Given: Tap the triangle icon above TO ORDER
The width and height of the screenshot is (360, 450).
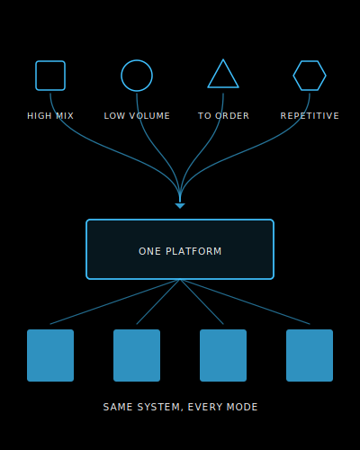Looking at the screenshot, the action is point(223,87).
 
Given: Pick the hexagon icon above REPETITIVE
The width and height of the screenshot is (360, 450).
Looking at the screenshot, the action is point(310,61).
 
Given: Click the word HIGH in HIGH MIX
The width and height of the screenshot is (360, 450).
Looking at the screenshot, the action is point(40,116).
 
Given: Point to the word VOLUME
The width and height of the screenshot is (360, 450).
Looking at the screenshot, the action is point(149,116).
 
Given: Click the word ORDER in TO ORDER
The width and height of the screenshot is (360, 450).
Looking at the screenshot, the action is point(232,116).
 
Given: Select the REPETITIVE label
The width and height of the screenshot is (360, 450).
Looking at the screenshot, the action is point(310,116).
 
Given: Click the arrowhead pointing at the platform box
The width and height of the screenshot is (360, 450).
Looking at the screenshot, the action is point(180,206).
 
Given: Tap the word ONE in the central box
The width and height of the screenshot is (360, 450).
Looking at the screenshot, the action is point(149,251).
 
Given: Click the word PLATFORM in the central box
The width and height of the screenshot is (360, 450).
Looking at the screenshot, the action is point(193,251).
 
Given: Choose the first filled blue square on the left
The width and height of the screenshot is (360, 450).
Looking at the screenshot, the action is point(50,355).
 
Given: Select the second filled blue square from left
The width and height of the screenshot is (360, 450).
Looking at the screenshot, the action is point(137,355).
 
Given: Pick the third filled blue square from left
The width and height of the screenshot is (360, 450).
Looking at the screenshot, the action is point(223,355).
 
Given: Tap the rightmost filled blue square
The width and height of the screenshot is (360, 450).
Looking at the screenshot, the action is point(310,355).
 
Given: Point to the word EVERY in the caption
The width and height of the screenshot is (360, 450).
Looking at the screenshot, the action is point(205,407).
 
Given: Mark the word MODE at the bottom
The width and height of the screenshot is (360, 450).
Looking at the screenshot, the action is point(242,407).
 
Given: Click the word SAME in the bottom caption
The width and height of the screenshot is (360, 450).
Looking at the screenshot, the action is point(118,407).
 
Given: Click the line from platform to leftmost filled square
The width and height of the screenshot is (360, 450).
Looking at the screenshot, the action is point(115,301).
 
